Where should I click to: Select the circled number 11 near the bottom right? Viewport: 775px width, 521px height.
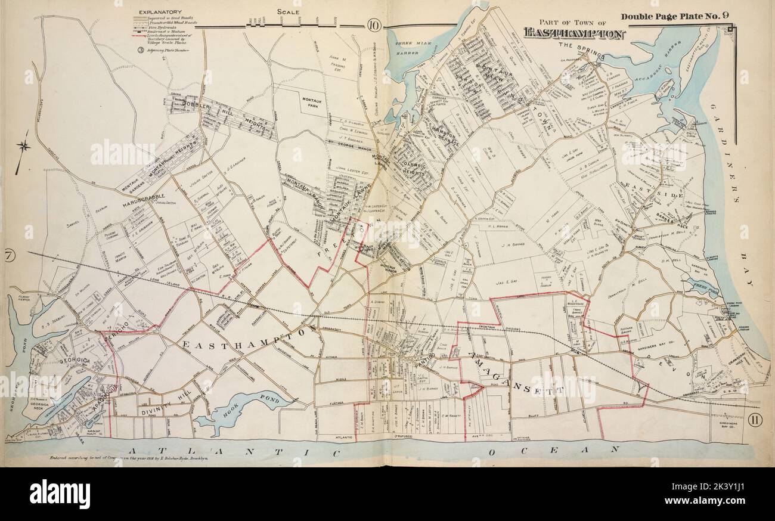pyautogui.click(x=754, y=420)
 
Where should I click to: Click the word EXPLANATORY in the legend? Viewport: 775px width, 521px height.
pyautogui.click(x=159, y=11)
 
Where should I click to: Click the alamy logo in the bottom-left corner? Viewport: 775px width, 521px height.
pyautogui.click(x=60, y=494)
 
